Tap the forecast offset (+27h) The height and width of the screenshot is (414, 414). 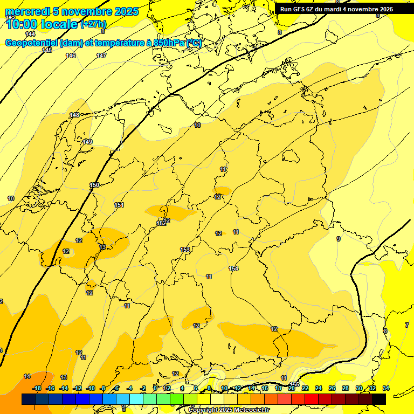pos(93,24)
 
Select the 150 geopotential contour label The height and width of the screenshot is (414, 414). pos(94,185)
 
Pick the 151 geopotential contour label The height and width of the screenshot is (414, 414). pos(119,205)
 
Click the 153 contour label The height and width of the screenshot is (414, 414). pos(185,250)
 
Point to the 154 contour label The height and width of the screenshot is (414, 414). pos(233,268)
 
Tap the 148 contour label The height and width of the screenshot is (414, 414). pos(74,115)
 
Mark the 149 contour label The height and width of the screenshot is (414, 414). pos(88,142)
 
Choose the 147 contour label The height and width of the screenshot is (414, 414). pos(101,56)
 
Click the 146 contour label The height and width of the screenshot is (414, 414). pos(71,56)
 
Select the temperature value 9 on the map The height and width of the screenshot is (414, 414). pos(339,239)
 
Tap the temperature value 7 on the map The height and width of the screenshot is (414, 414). pos(407,325)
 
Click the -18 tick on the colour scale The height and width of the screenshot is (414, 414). pos(37,388)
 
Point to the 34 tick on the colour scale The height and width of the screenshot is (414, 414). pos(386,388)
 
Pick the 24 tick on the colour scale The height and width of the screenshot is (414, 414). pos(319,388)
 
